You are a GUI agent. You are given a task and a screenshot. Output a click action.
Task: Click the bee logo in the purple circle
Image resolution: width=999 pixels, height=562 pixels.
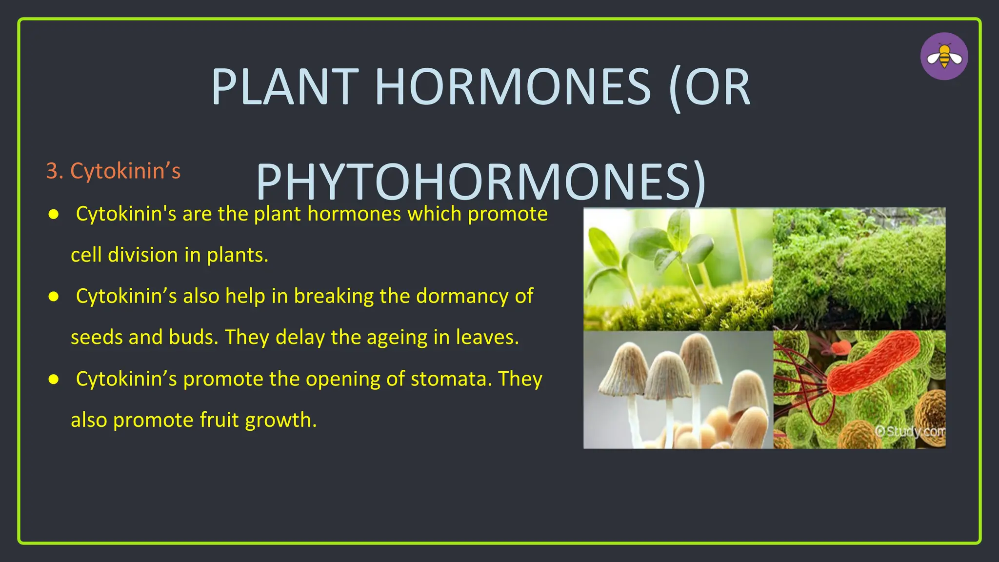944,57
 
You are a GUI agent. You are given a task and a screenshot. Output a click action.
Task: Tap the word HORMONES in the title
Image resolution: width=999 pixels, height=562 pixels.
512,88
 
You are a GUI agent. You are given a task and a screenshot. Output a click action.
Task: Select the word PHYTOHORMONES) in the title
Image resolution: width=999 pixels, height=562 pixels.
480,182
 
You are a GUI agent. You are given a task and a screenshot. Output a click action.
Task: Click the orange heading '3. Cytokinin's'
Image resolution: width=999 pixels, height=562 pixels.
113,171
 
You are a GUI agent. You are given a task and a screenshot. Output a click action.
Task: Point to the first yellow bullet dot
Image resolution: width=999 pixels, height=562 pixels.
54,214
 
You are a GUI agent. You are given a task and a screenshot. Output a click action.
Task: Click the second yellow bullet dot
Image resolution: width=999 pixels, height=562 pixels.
54,297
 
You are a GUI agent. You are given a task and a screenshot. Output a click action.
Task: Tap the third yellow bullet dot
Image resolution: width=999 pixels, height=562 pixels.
54,379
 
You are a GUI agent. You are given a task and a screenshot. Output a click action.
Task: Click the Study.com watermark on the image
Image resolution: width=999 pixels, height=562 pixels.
910,431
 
